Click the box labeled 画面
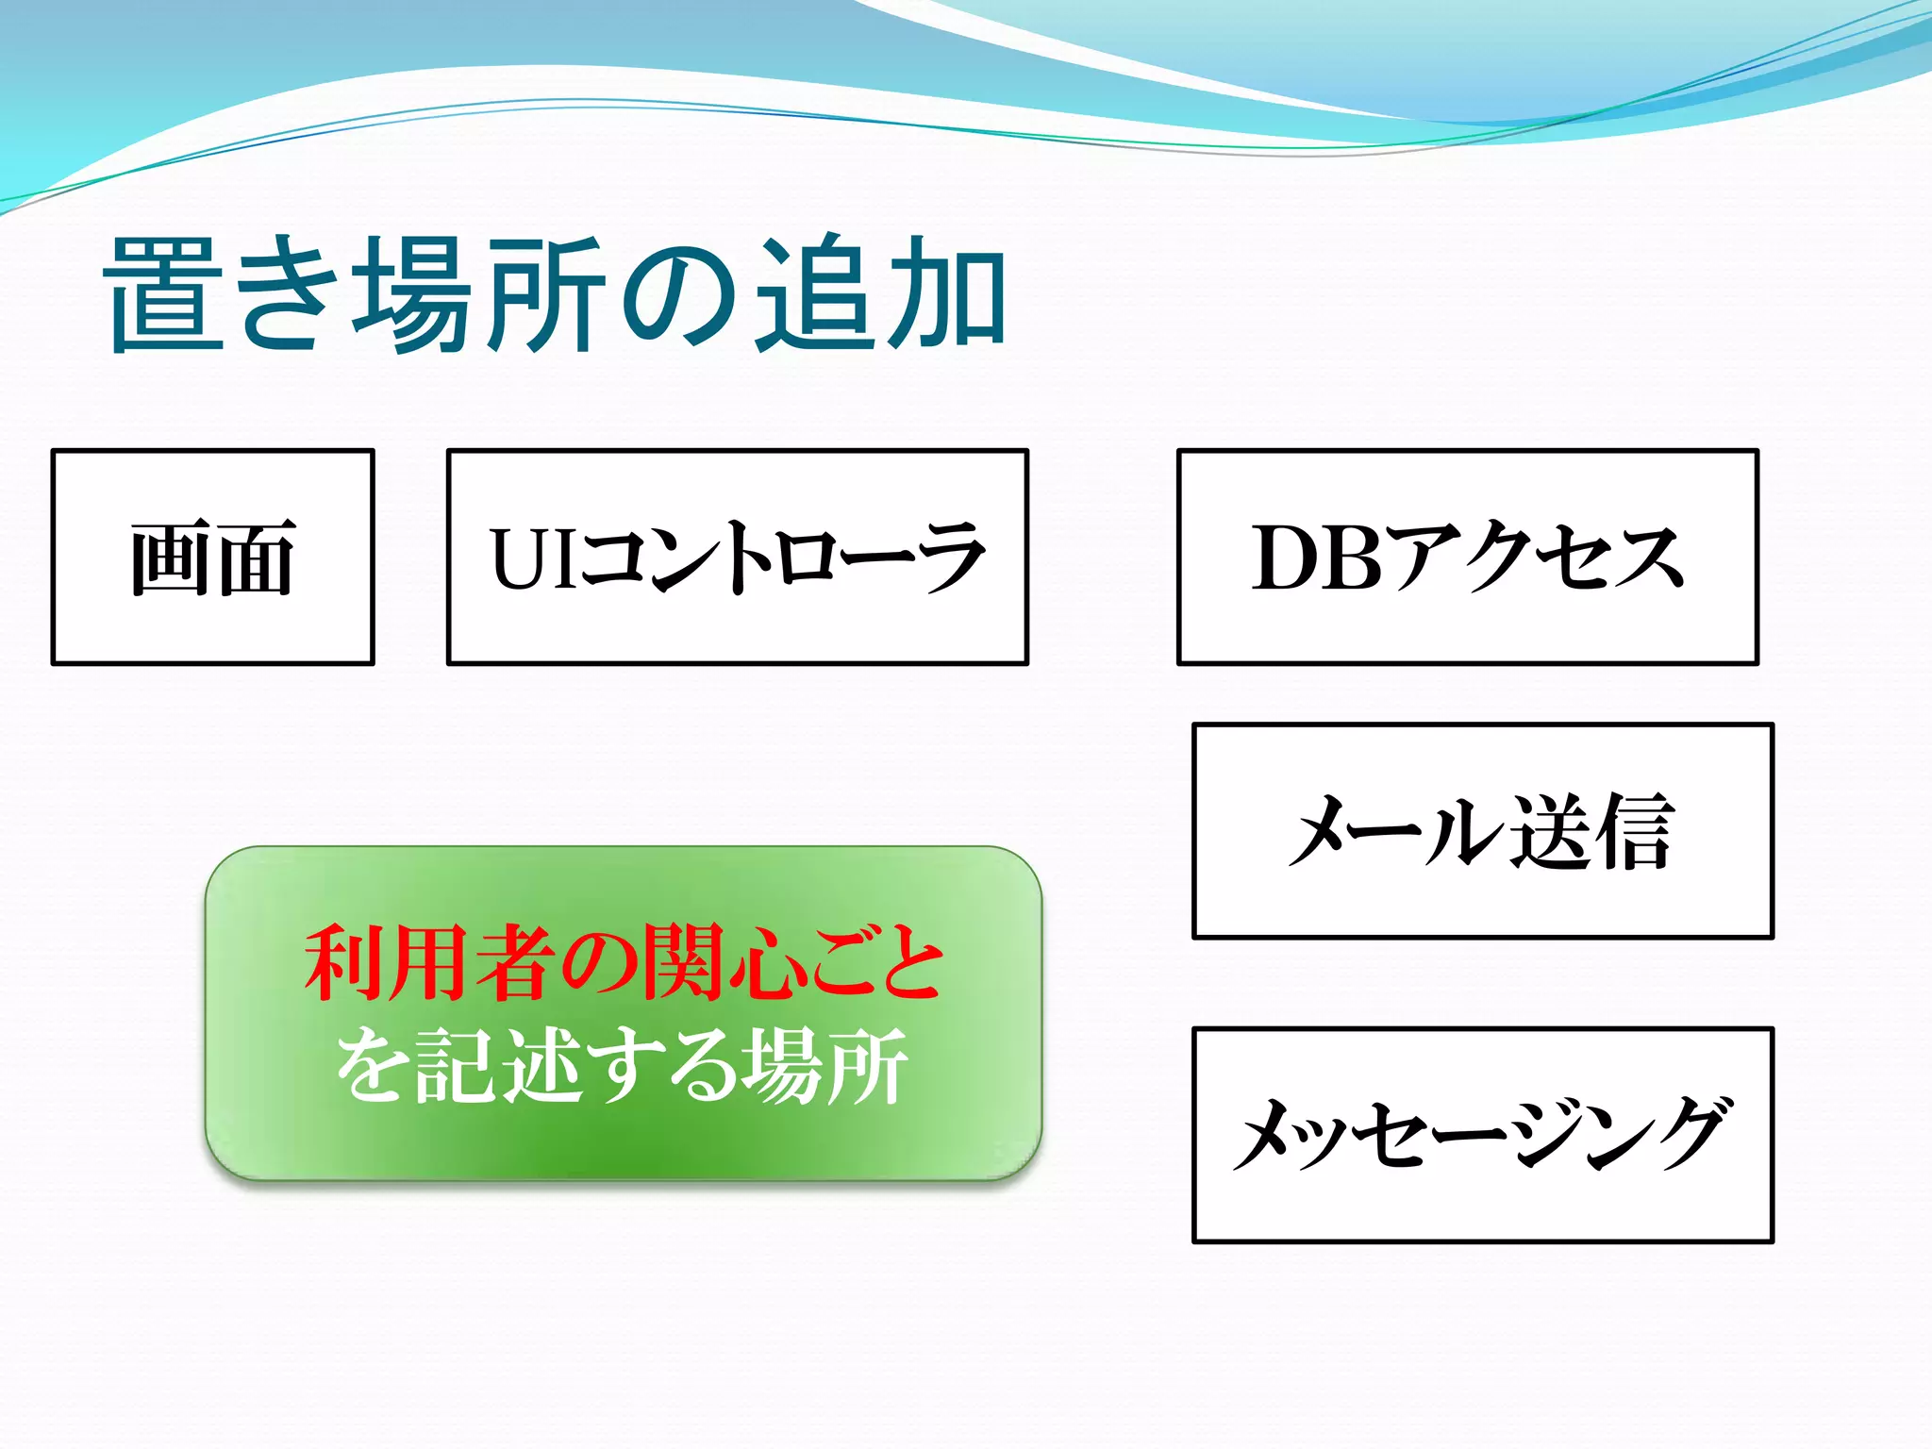click(x=213, y=558)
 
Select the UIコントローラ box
click(x=737, y=558)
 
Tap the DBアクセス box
click(x=1468, y=558)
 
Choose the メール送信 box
click(x=1483, y=831)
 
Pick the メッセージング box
click(x=1483, y=1135)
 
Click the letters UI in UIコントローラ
click(x=533, y=558)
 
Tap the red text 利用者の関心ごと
click(x=624, y=962)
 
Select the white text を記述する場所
click(x=623, y=1066)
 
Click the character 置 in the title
click(x=168, y=294)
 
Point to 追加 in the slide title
click(x=882, y=294)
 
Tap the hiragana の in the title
click(x=679, y=296)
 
